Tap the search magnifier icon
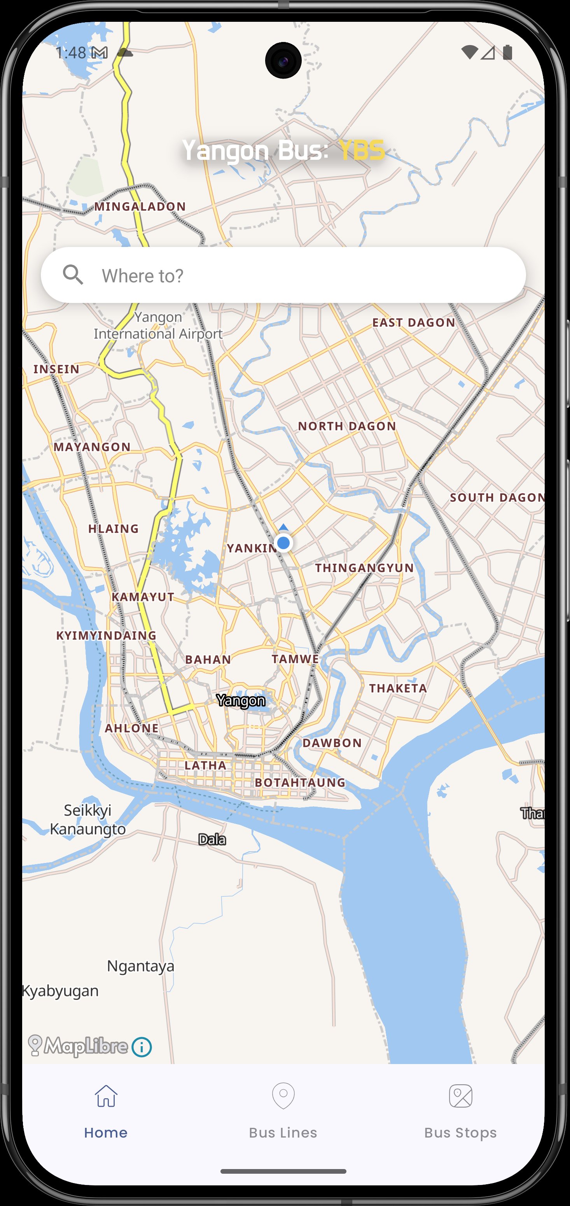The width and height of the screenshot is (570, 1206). coord(73,275)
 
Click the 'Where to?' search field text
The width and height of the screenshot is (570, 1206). coord(143,276)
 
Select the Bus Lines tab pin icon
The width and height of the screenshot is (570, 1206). coord(283,1096)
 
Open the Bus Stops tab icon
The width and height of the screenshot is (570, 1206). coord(460,1096)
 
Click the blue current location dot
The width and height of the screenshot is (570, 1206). coord(283,543)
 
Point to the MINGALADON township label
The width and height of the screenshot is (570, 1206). coord(140,207)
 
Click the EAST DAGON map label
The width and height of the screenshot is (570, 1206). coord(414,322)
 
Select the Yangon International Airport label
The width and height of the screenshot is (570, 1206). coord(158,326)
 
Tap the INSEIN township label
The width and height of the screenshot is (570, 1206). coord(57,369)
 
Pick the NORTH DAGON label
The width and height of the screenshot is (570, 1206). coord(347,426)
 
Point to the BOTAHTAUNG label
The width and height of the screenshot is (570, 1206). coord(300,782)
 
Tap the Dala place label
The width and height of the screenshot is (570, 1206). coord(212,839)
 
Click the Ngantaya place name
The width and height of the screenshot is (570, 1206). coord(140,966)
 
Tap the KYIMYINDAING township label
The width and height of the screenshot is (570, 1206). coord(106,635)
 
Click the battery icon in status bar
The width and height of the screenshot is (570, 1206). coord(507,53)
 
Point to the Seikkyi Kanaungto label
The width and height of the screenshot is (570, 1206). coord(88,819)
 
